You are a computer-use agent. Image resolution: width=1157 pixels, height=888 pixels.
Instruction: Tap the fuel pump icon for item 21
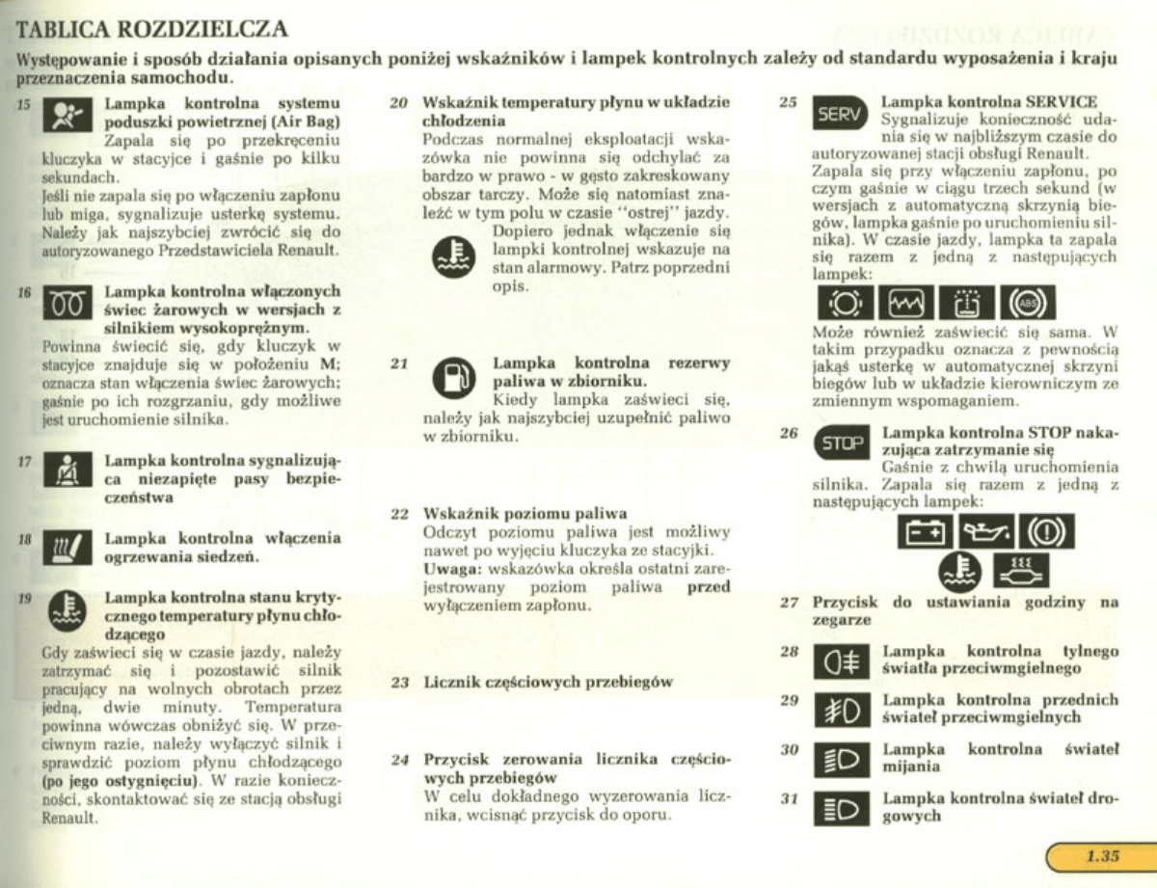coord(451,378)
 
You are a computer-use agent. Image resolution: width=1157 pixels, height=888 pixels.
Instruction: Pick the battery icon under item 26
coord(925,531)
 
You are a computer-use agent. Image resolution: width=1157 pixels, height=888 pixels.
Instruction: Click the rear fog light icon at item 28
coord(841,662)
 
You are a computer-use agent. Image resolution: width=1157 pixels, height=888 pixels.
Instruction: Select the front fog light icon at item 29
coord(841,712)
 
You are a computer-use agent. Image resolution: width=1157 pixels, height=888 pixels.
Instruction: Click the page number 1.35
coord(1100,855)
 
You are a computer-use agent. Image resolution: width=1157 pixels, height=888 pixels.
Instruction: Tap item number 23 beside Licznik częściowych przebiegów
coord(400,683)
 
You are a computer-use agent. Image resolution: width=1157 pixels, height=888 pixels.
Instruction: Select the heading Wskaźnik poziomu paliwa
coord(525,513)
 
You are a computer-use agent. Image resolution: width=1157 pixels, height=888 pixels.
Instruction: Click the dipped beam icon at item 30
coord(841,761)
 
